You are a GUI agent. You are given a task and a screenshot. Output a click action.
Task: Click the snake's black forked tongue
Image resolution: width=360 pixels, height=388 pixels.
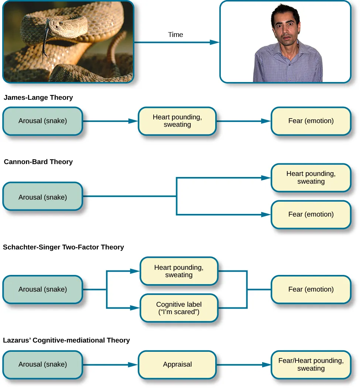pyautogui.click(x=45, y=44)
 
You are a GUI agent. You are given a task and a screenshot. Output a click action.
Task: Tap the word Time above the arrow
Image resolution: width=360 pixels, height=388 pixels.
pyautogui.click(x=175, y=35)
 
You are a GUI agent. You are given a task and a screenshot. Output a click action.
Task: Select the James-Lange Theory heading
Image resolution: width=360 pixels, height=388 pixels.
pyautogui.click(x=38, y=98)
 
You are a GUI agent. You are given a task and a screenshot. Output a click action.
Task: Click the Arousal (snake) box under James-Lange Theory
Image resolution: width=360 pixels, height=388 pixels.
pyautogui.click(x=43, y=121)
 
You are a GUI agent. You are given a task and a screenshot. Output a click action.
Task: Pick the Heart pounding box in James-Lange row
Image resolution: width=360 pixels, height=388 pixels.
pyautogui.click(x=177, y=121)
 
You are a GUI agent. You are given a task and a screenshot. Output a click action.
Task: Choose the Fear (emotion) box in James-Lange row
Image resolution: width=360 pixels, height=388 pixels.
pyautogui.click(x=311, y=121)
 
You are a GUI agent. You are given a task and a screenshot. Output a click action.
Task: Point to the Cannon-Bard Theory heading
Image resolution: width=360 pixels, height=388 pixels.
pyautogui.click(x=38, y=162)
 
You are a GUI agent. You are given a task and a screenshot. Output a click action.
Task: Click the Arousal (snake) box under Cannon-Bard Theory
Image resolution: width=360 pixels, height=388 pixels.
pyautogui.click(x=43, y=197)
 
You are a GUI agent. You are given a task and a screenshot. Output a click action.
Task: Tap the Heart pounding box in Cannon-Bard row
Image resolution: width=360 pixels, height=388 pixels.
pyautogui.click(x=311, y=178)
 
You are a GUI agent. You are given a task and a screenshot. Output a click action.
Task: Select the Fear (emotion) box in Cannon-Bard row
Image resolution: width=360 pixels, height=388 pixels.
pyautogui.click(x=311, y=214)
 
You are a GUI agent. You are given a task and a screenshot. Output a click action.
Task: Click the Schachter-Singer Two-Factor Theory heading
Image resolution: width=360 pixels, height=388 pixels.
pyautogui.click(x=64, y=247)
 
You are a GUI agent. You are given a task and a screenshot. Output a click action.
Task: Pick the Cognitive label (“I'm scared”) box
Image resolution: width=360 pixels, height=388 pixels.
pyautogui.click(x=179, y=308)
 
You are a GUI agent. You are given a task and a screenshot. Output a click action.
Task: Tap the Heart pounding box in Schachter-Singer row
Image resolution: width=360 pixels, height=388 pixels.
pyautogui.click(x=179, y=271)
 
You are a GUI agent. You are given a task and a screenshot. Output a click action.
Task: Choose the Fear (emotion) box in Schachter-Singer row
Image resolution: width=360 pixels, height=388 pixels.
pyautogui.click(x=311, y=289)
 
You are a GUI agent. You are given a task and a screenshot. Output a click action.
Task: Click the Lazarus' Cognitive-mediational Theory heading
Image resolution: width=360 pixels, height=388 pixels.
pyautogui.click(x=66, y=340)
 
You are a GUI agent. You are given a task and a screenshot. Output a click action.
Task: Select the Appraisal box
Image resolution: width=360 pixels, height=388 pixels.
pyautogui.click(x=177, y=365)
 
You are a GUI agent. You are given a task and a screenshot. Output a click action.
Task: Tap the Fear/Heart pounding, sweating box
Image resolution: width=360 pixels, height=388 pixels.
pyautogui.click(x=311, y=365)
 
